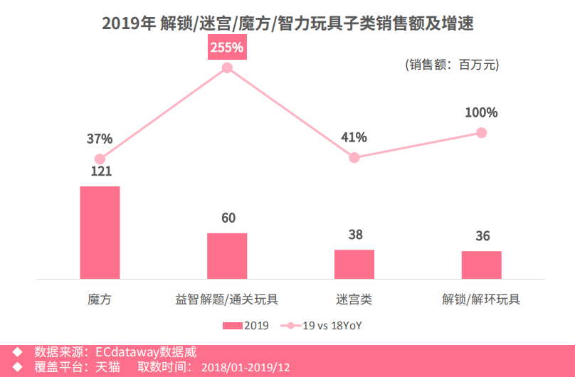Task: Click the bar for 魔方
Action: coord(100,232)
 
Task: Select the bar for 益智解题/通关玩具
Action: coord(227,255)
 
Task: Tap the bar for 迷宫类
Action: coord(354,264)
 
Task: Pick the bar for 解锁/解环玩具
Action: coord(482,265)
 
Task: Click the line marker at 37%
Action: coord(100,159)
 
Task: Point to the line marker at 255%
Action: coord(227,68)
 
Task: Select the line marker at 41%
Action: coord(354,157)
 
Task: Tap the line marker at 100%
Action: coord(482,132)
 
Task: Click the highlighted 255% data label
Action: coord(227,48)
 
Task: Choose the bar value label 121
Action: coord(100,171)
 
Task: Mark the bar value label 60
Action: coord(228,218)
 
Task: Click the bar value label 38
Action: coord(355,235)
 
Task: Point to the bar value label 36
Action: coord(482,236)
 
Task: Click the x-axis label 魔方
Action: coord(100,299)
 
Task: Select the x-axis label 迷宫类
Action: coord(354,299)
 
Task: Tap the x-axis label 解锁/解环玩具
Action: coord(482,299)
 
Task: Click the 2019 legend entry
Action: coord(246,326)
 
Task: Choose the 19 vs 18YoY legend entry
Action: coord(327,326)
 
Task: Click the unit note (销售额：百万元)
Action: coord(452,65)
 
